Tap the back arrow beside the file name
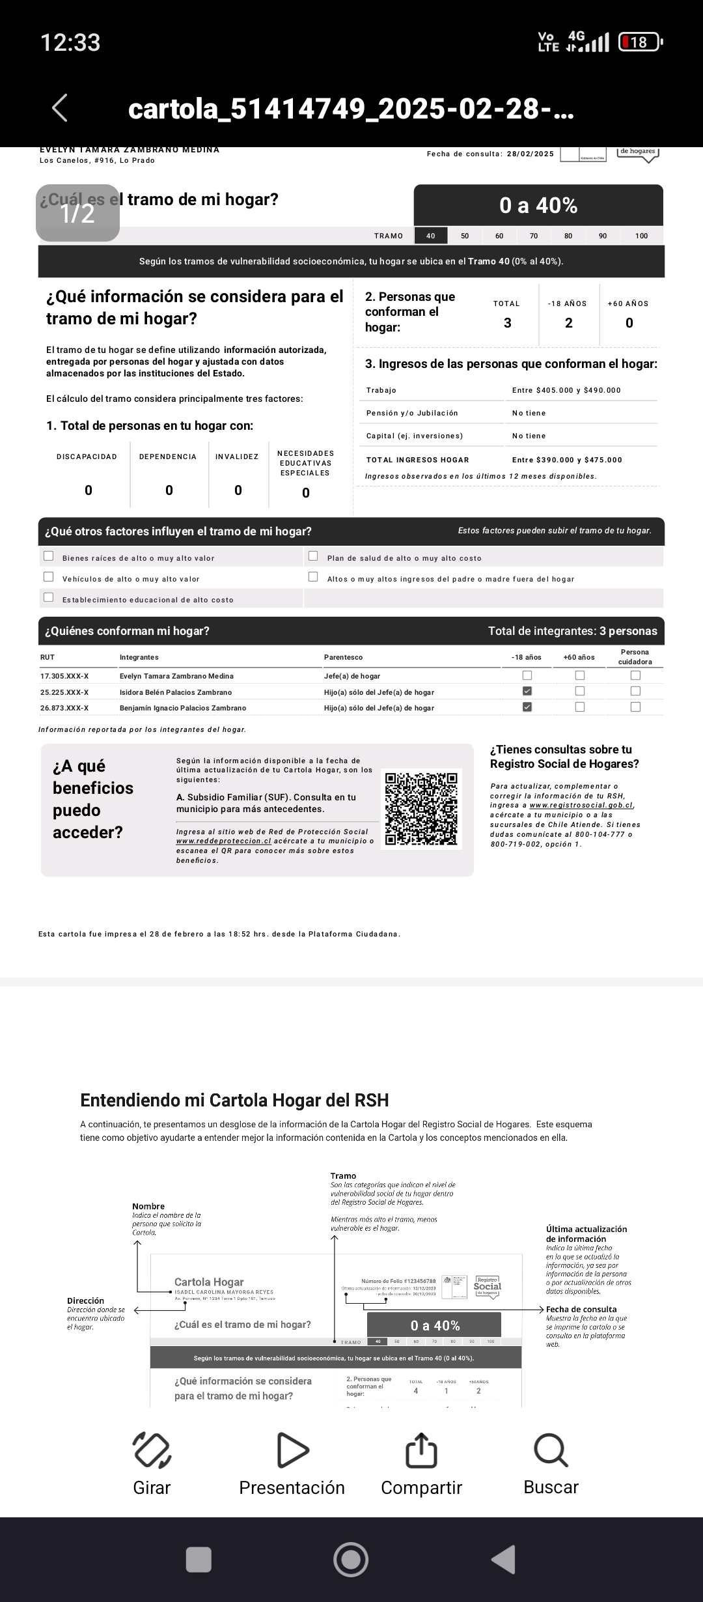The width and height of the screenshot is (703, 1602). click(60, 108)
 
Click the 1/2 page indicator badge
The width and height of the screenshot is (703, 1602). click(77, 213)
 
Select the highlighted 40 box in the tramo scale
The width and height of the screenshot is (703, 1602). click(431, 236)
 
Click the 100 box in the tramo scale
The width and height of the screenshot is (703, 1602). click(641, 236)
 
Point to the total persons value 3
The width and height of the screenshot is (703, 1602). click(508, 323)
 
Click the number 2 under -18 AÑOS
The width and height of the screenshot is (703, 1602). click(569, 323)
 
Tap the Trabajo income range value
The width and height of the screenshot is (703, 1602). click(566, 390)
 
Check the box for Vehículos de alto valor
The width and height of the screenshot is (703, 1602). click(49, 577)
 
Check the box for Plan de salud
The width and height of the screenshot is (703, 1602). click(313, 556)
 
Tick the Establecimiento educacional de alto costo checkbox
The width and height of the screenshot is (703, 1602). click(49, 598)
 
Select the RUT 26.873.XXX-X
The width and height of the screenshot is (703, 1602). click(64, 708)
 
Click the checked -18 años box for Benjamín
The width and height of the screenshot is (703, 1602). click(527, 707)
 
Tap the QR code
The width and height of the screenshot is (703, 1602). click(421, 809)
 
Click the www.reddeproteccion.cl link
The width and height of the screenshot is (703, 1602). click(223, 841)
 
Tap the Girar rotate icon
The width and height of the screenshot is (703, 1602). click(152, 1450)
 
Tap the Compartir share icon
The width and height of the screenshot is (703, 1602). click(421, 1450)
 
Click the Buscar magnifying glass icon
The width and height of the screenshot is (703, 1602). click(551, 1450)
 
